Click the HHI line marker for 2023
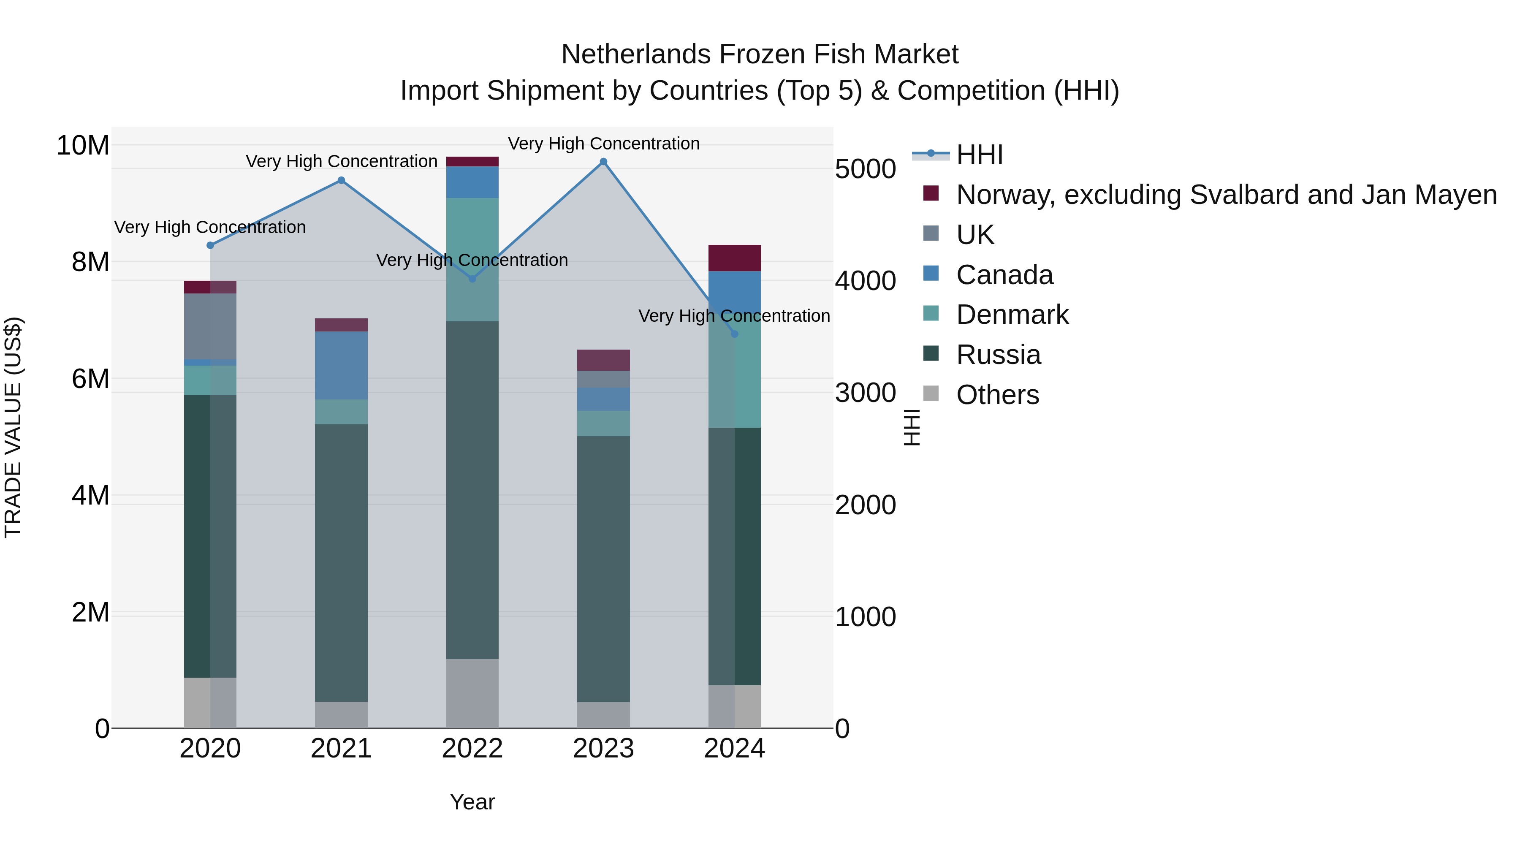coord(603,162)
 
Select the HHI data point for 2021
coord(341,181)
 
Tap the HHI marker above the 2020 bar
coord(210,245)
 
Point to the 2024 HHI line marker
coord(735,334)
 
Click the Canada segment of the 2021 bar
coord(341,365)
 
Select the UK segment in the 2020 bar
coord(210,326)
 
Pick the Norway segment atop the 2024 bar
coord(735,258)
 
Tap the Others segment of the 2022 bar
coord(472,693)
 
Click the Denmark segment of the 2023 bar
coord(603,423)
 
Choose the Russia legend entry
coord(999,355)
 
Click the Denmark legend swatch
coord(931,313)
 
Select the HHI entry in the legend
coord(980,155)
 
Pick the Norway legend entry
coord(1226,195)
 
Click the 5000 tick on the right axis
coord(865,169)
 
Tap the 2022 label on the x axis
coord(472,749)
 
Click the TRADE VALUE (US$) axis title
coord(13,427)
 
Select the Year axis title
coord(472,802)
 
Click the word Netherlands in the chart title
coord(635,54)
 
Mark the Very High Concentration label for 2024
coord(734,316)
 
